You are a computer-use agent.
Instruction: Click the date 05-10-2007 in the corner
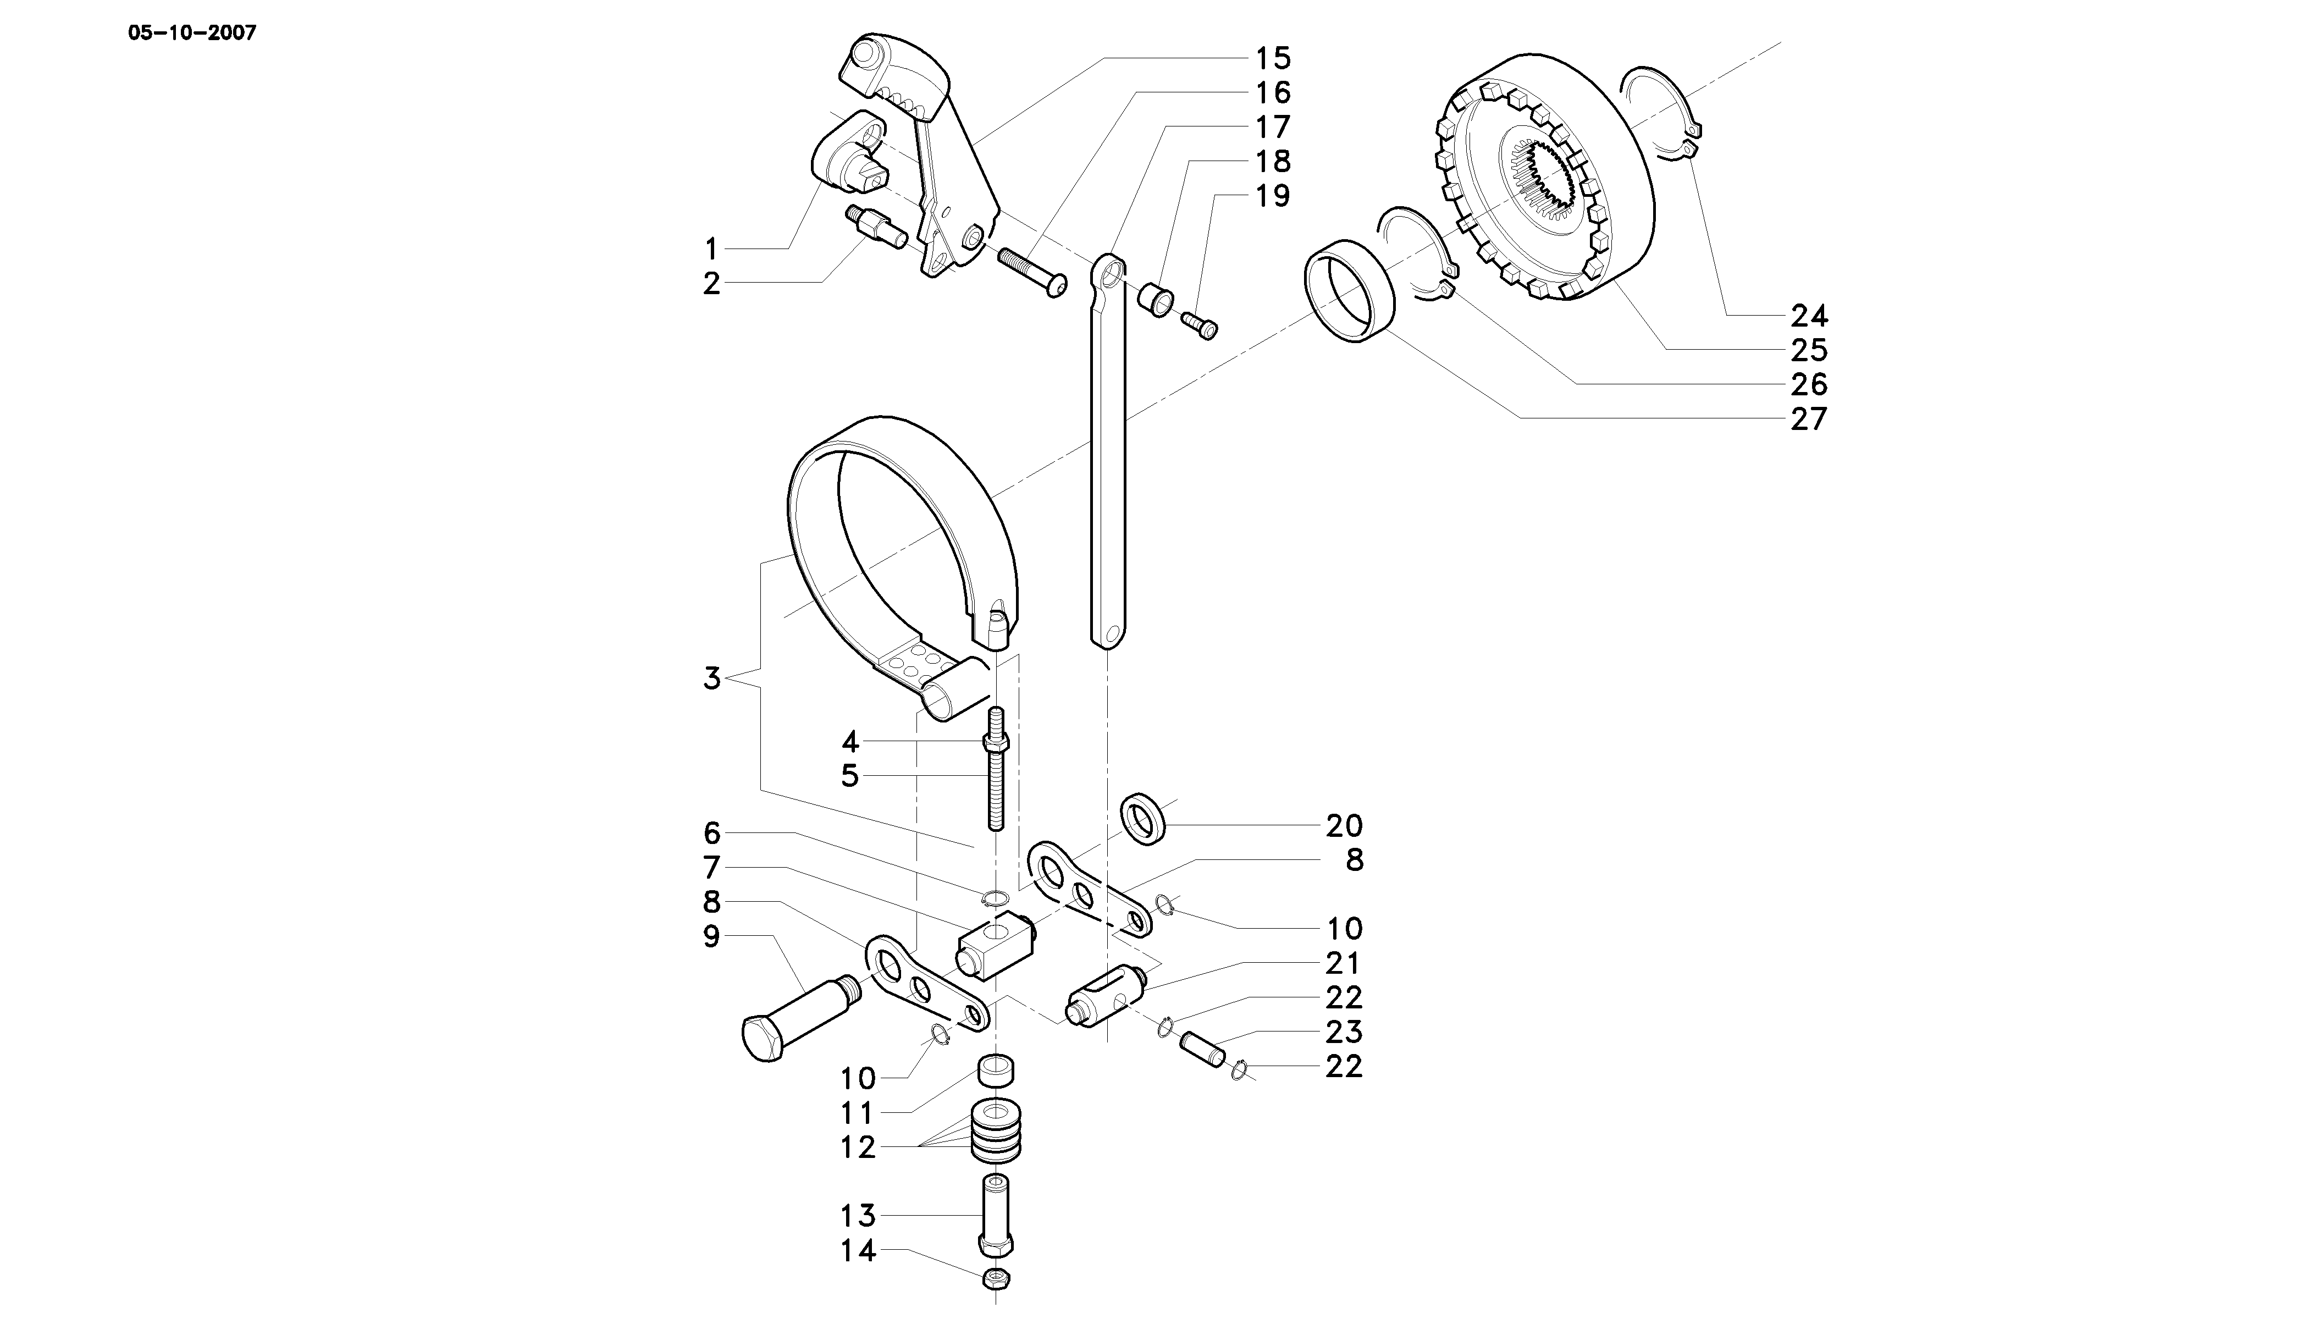click(192, 34)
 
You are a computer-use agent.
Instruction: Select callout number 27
click(1808, 419)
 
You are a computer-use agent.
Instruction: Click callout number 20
click(1344, 826)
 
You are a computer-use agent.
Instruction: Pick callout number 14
click(857, 1251)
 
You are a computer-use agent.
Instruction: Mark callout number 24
click(1808, 316)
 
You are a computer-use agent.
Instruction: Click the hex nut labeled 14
click(997, 1278)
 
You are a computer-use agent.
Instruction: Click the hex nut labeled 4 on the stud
click(996, 743)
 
